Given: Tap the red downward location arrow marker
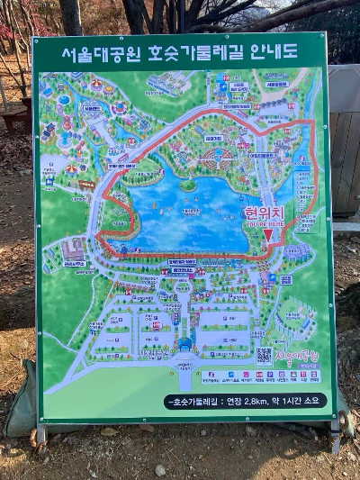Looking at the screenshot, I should click(x=267, y=235).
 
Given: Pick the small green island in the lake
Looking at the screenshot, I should click(x=188, y=186).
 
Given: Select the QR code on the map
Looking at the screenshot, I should click(x=264, y=356).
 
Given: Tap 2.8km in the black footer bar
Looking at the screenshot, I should click(x=256, y=401).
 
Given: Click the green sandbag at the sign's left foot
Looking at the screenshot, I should click(x=20, y=401).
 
